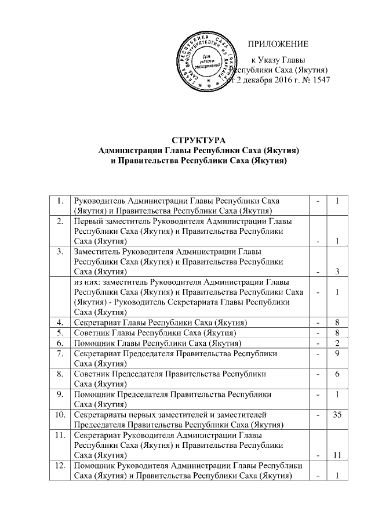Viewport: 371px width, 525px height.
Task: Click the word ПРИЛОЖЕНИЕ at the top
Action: point(278,45)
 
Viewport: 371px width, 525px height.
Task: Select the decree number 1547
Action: point(319,81)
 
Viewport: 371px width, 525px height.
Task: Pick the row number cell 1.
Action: point(60,201)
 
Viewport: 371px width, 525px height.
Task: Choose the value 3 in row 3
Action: point(337,271)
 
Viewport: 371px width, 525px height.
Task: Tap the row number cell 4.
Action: point(60,322)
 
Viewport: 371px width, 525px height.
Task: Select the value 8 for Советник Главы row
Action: point(337,332)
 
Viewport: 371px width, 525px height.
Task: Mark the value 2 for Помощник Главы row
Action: point(337,343)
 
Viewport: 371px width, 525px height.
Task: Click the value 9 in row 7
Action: point(337,353)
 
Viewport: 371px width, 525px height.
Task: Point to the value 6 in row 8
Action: point(337,374)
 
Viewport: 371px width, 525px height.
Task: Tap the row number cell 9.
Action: point(60,395)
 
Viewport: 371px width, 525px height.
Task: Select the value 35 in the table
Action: point(337,416)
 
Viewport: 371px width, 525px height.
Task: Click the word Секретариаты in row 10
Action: point(100,416)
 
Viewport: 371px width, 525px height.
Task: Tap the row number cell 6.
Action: point(60,343)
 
